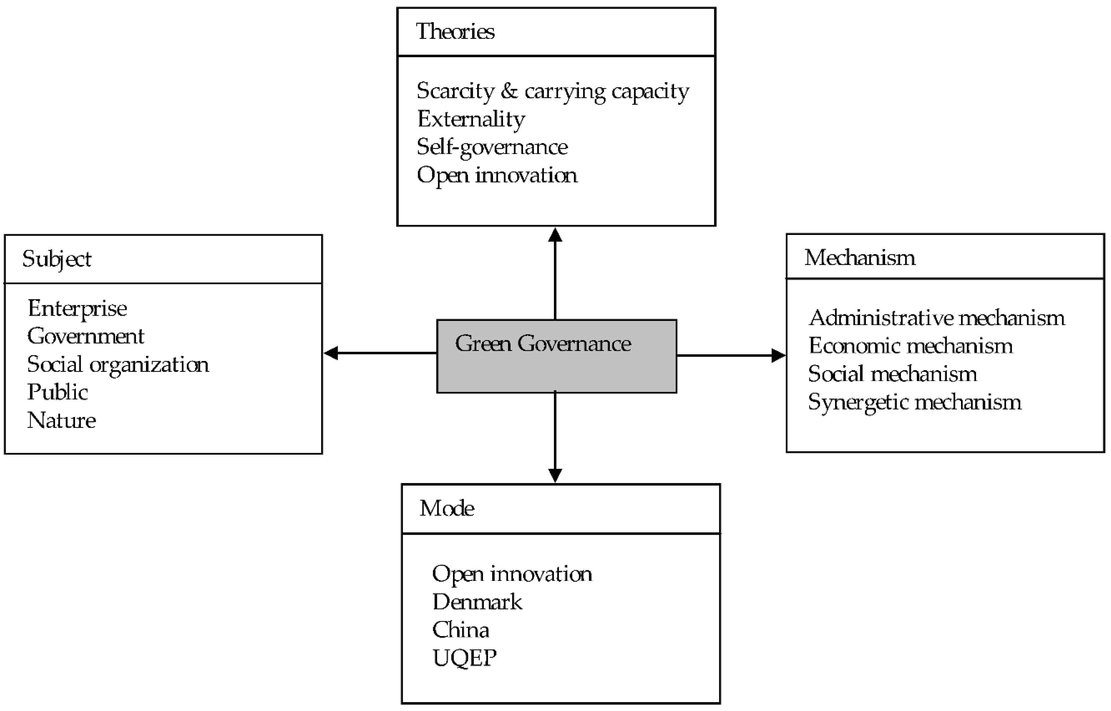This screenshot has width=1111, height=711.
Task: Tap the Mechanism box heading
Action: pyautogui.click(x=859, y=258)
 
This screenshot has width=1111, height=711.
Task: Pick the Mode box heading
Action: pyautogui.click(x=447, y=508)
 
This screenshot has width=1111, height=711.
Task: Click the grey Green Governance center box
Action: pyautogui.click(x=556, y=356)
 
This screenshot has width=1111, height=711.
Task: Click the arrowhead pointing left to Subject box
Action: pyautogui.click(x=331, y=353)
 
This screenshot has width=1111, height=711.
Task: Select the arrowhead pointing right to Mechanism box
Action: pyautogui.click(x=779, y=355)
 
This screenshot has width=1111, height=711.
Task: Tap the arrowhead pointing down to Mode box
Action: pyautogui.click(x=555, y=475)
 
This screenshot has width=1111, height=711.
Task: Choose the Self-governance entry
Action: pyautogui.click(x=492, y=147)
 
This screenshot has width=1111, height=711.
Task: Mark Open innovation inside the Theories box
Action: pyautogui.click(x=497, y=175)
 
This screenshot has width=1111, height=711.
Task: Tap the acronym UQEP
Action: pyautogui.click(x=464, y=658)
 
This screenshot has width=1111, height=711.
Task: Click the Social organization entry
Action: pyautogui.click(x=118, y=365)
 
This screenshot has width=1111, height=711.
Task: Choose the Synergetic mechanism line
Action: pyautogui.click(x=914, y=402)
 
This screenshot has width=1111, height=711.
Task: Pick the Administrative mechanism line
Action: pyautogui.click(x=937, y=318)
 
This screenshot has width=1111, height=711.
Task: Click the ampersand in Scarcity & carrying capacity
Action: pyautogui.click(x=509, y=91)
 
